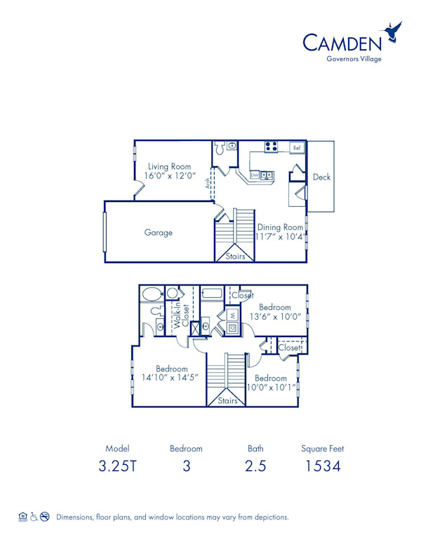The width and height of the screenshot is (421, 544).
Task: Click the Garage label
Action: coord(159,233)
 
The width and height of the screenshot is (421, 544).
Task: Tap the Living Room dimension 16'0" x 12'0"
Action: coord(169,176)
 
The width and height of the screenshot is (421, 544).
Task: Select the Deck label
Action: coord(321,177)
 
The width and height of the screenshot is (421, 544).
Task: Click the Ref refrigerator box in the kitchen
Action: coord(297,148)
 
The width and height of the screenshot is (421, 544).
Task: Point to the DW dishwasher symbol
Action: coord(255,175)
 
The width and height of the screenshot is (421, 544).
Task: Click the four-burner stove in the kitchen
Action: coord(272,147)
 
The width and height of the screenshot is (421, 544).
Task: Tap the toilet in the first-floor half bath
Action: coord(220,148)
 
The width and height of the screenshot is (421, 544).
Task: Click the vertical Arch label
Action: coord(207,184)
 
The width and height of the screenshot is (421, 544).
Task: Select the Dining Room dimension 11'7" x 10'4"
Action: coord(280,237)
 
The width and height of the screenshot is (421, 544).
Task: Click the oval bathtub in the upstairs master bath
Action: coord(151,293)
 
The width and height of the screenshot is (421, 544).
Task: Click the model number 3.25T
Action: coord(117,465)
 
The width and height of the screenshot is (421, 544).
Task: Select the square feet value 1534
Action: coord(323,465)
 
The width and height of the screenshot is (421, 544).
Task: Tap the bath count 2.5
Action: coord(255,465)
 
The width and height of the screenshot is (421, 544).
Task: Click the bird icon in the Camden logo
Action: coord(392,32)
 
